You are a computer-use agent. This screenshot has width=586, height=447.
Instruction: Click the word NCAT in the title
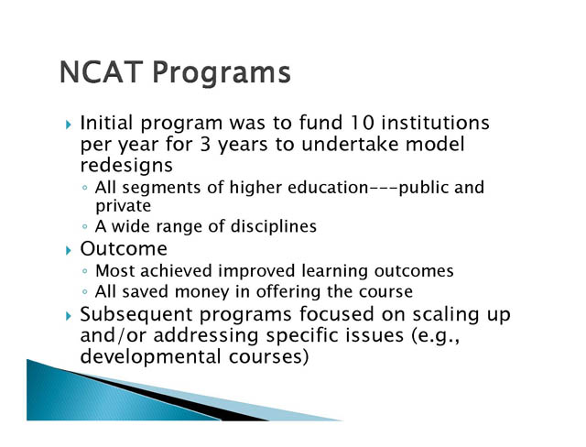pos(101,71)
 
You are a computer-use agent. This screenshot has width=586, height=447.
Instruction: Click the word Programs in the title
pos(222,73)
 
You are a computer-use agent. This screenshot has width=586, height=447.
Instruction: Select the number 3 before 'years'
pos(205,144)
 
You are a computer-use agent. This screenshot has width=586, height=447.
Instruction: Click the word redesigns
pos(126,165)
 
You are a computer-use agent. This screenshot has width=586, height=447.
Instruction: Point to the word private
pos(124,206)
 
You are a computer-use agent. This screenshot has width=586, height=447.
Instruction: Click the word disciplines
pos(274,226)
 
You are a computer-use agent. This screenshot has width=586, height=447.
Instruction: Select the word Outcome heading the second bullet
pos(124,248)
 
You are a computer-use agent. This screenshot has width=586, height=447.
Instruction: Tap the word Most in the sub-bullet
pos(115,270)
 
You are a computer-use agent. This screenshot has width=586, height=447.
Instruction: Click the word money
pos(201,292)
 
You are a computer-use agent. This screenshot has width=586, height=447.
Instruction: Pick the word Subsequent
pos(136,314)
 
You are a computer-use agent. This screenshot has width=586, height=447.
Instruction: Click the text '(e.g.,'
pos(435,335)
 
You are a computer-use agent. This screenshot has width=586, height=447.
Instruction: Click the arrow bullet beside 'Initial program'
pos(68,124)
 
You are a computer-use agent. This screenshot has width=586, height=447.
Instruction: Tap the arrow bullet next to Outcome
pos(68,250)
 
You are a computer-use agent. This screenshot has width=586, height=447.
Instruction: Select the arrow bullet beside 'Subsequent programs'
pos(68,316)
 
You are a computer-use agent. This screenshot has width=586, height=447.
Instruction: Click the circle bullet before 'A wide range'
pos(85,226)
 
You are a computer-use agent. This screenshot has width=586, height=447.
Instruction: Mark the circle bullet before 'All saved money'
pos(85,292)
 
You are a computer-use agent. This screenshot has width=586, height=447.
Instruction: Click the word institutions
pos(436,123)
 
